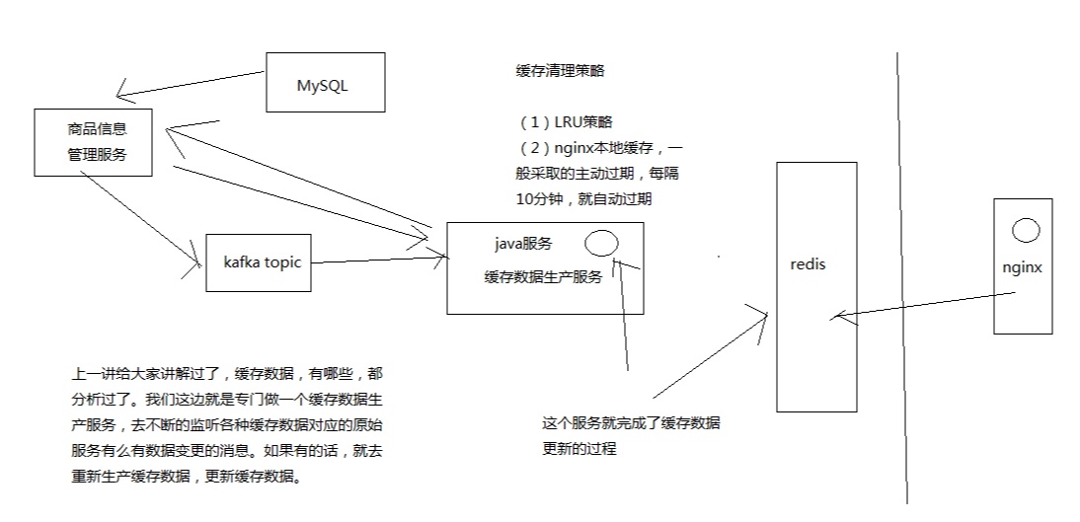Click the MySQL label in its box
pos(323,85)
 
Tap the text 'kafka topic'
pos(263,262)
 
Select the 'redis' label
pos(809,264)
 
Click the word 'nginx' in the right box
pos(1022,266)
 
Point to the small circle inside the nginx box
pos(1026,231)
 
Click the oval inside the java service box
pos(601,243)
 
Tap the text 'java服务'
pos(523,244)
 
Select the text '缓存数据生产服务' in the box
pos(543,277)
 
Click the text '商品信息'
pos(97,128)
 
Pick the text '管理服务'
pos(97,155)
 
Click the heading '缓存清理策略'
pos(560,71)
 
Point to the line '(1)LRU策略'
pos(566,122)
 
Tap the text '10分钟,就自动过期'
pos(584,198)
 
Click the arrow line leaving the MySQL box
pos(193,83)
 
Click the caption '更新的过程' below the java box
pos(579,449)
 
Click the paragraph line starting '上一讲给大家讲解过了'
pos(224,375)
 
